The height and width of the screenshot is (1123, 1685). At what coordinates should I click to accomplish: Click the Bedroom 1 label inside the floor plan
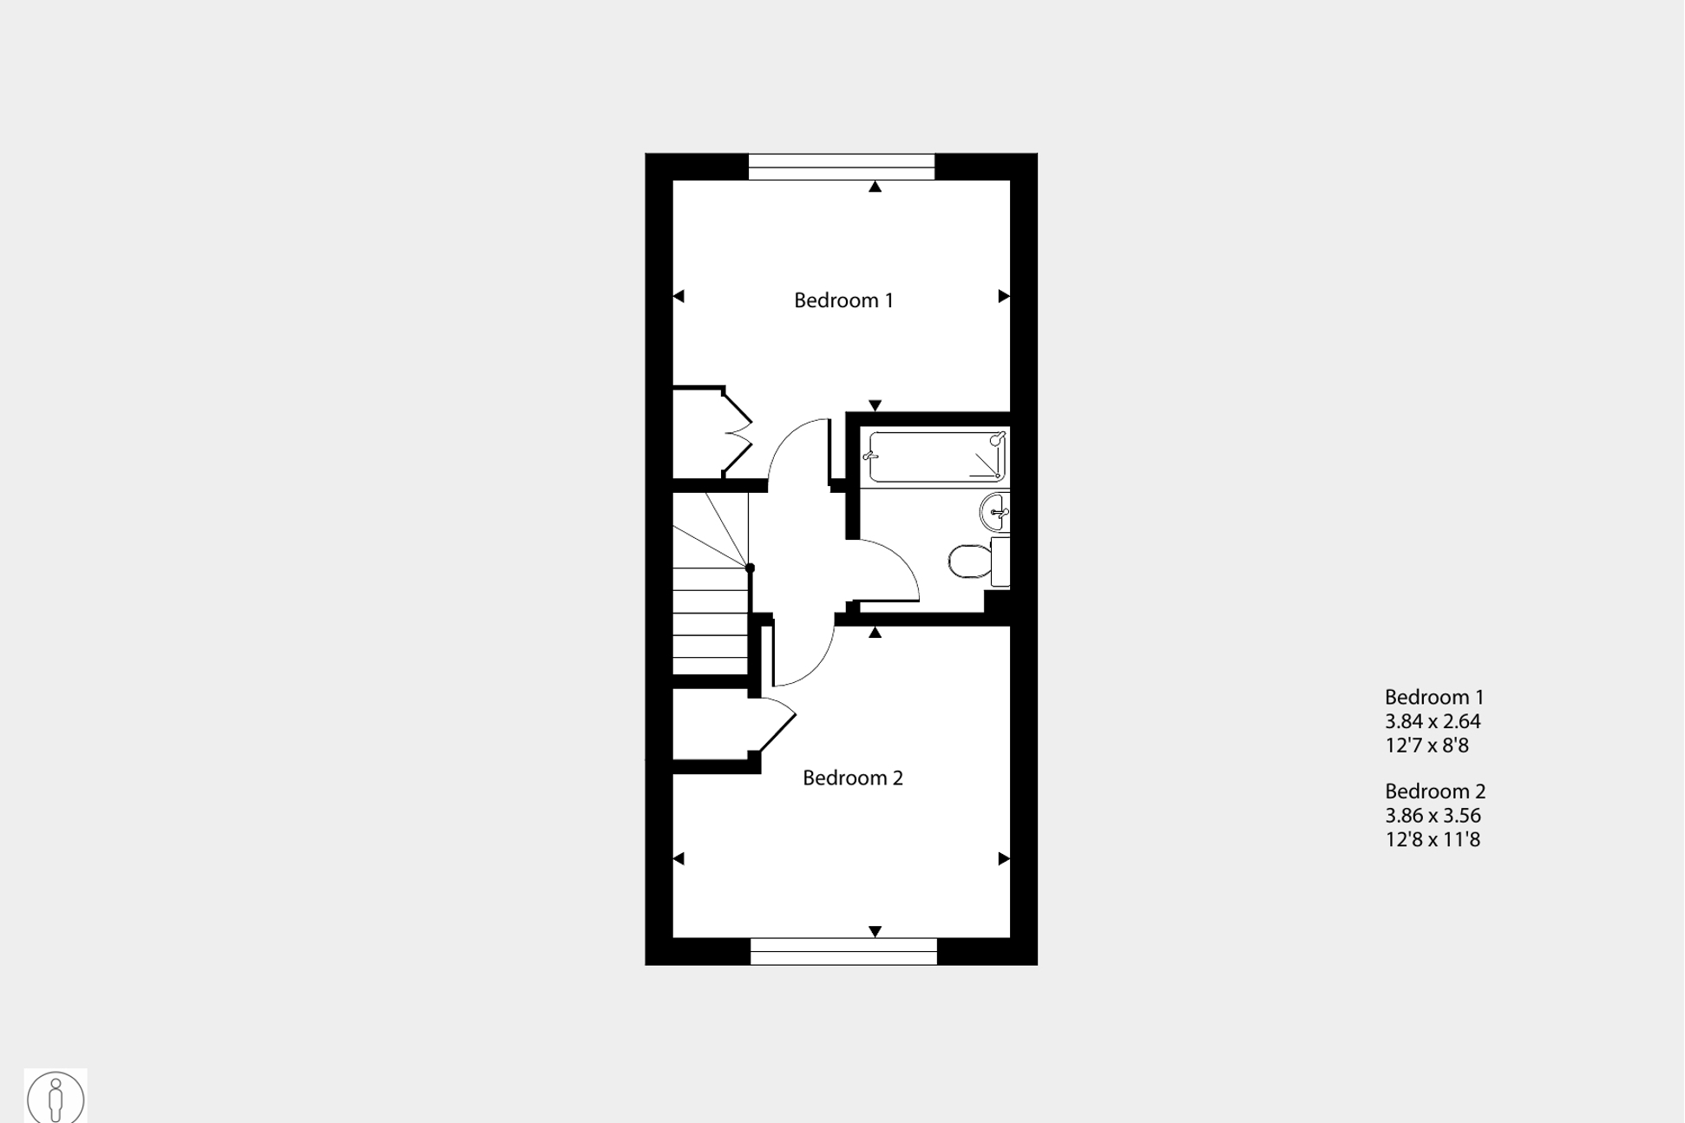843,300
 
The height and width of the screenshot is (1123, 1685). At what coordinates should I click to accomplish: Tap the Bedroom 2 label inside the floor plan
852,778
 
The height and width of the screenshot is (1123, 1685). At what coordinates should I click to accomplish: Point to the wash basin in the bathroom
995,512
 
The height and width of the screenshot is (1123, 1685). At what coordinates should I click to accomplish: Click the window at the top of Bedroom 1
841,167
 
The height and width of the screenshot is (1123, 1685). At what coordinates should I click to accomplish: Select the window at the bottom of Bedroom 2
843,951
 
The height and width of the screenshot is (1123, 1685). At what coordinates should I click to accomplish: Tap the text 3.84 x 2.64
1432,721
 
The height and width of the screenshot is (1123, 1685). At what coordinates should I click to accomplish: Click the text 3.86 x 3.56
1432,816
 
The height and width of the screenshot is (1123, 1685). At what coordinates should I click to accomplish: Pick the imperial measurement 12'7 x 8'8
1426,745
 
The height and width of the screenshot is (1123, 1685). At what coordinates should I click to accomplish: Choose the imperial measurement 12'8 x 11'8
1432,840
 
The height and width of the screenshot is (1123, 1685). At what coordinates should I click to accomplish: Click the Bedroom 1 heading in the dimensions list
1433,697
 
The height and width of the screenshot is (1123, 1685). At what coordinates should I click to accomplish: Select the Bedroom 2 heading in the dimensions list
1434,791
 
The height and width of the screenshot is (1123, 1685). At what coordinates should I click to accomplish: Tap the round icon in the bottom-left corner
56,1097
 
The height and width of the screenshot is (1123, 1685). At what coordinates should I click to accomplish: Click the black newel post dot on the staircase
751,568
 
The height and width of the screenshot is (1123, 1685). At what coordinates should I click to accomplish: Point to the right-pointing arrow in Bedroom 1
1004,297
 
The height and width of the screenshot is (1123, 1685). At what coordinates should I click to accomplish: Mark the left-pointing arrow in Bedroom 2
679,859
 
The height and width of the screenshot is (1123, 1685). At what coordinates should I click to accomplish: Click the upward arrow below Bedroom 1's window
875,187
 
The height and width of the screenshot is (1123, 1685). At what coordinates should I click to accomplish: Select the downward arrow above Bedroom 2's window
875,931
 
